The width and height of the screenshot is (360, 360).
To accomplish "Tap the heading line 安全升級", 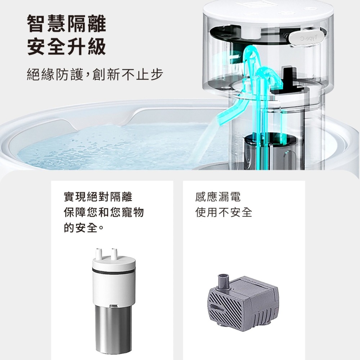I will tap(67, 47).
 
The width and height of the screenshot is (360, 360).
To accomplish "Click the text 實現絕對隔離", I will tap(98, 197).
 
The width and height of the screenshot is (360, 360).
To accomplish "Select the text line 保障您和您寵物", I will tap(104, 212).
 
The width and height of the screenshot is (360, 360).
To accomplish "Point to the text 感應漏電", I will tap(218, 197).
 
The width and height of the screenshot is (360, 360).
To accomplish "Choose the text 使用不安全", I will tap(224, 212).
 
